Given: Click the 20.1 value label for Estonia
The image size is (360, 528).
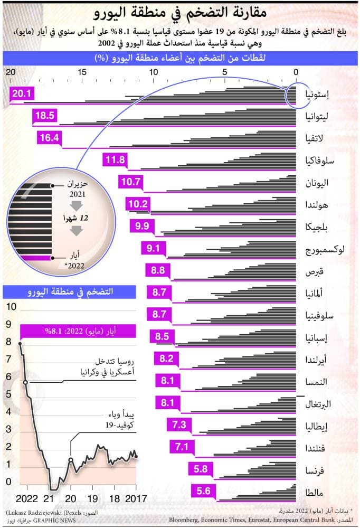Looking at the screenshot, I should pos(23,94).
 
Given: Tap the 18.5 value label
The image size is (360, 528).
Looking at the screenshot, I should pos(44,116).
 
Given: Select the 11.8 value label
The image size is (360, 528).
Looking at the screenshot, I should pos(115,160).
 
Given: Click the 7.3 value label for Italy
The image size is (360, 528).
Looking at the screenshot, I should pos(179,424).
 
